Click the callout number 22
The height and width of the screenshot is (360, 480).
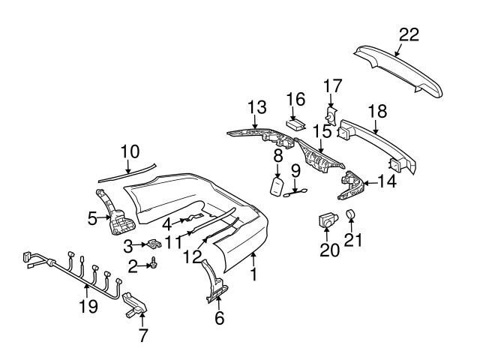click(409, 34)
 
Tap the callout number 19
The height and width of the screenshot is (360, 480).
click(89, 306)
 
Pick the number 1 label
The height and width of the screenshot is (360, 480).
click(253, 274)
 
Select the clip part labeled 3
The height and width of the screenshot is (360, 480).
click(154, 244)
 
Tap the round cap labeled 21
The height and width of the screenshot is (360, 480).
click(351, 217)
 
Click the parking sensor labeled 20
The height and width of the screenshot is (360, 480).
click(326, 220)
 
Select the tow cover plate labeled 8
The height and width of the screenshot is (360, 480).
click(277, 186)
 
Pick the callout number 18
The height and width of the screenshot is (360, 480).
click(377, 110)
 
